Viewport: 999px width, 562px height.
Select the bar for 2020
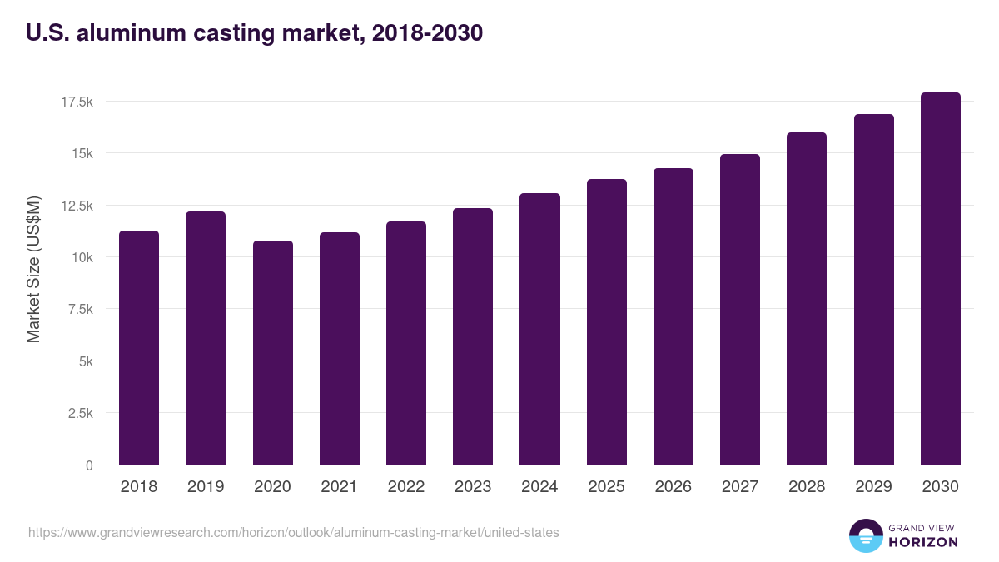273,353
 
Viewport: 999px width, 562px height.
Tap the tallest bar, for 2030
941,279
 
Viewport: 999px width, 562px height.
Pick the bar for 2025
607,322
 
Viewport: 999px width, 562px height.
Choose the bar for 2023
473,336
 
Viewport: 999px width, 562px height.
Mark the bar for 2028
807,299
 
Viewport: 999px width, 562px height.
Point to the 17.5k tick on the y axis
77,102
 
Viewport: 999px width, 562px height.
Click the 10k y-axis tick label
81,257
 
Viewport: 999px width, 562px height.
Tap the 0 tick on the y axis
89,465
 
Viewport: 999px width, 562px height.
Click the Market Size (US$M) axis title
33,269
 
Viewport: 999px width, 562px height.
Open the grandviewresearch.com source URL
294,532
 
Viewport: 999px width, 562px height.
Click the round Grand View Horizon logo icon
866,535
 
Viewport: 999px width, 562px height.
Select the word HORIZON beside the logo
923,542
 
